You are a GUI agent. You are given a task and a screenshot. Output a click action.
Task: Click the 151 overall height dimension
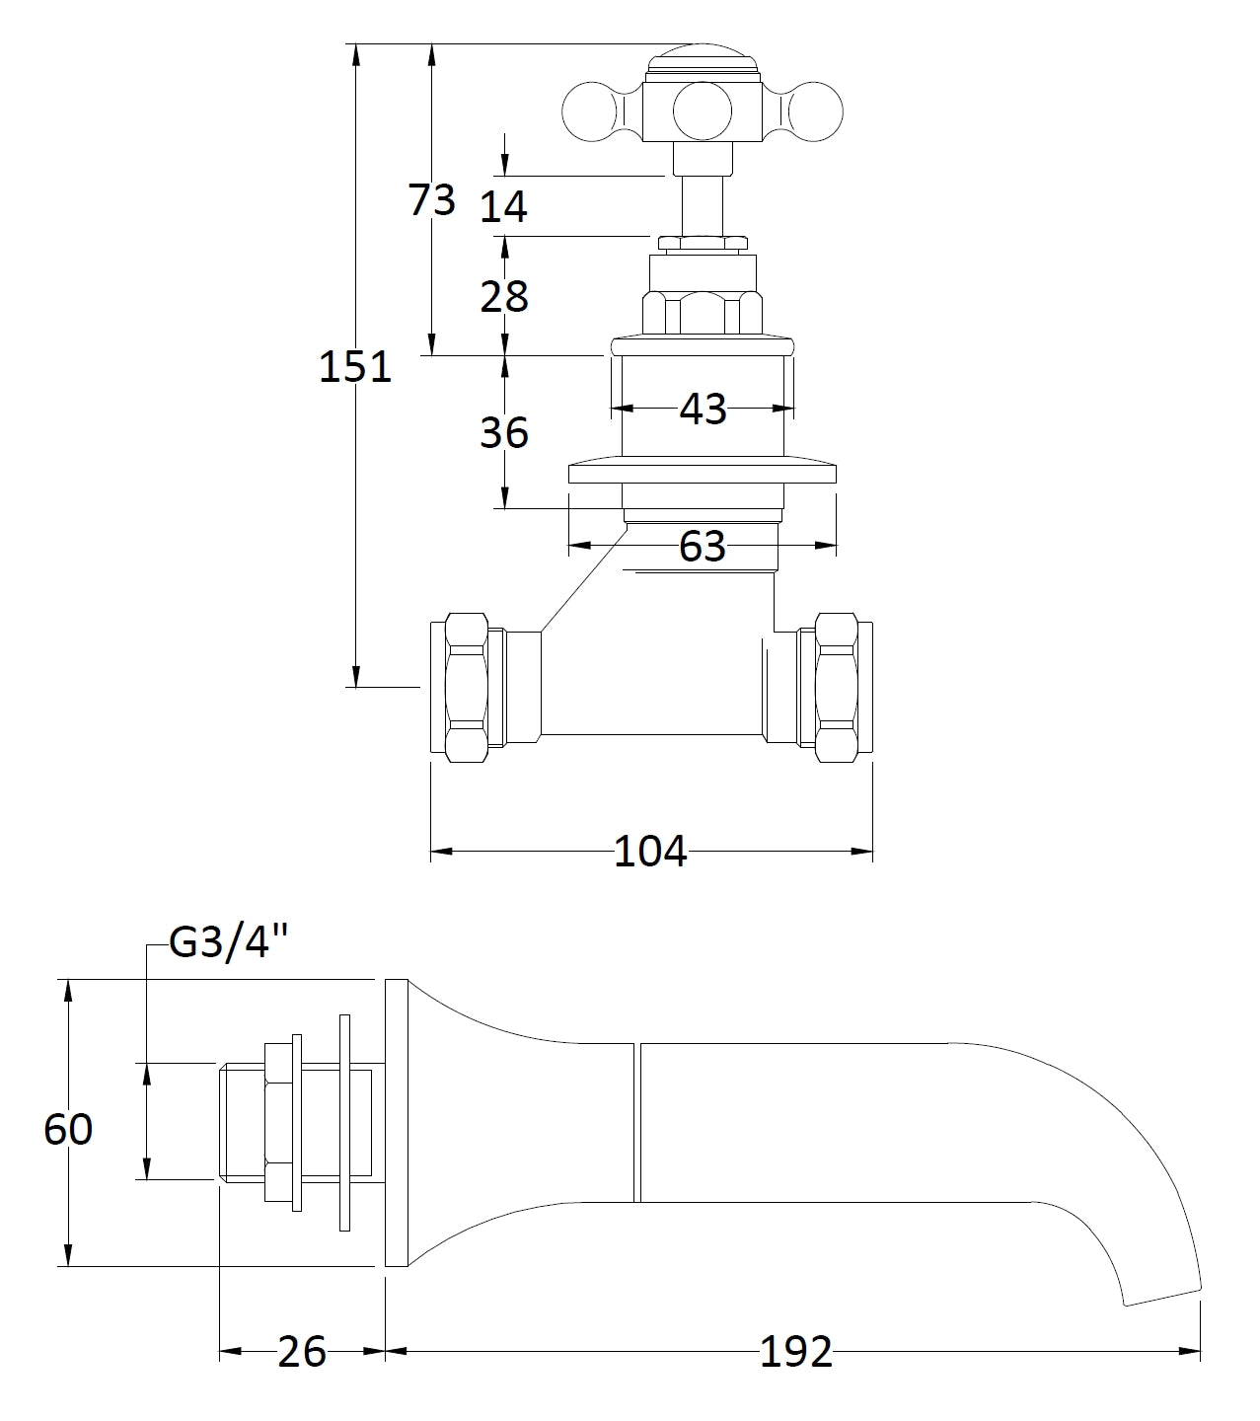[x=355, y=367]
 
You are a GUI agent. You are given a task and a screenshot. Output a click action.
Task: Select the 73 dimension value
[x=432, y=199]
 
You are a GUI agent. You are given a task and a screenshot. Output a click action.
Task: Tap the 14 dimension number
[x=504, y=206]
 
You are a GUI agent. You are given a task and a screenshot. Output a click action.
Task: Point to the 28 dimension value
[x=504, y=295]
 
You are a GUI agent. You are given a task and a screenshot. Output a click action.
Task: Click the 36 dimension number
[x=504, y=432]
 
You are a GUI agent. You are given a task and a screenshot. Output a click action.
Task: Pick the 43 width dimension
[x=703, y=409]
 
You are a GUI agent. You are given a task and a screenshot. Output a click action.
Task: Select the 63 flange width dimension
[x=703, y=546]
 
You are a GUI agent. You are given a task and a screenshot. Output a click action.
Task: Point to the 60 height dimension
[x=68, y=1129]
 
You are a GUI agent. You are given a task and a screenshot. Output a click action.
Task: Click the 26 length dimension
[x=301, y=1351]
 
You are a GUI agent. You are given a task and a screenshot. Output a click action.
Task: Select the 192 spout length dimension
[x=795, y=1351]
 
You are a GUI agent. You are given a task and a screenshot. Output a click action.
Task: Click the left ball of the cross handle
[x=588, y=111]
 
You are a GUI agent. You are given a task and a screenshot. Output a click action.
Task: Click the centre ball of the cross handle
[x=704, y=111]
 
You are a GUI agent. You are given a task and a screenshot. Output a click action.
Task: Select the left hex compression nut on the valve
[x=467, y=687]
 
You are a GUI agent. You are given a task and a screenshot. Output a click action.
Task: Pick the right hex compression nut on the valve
[x=836, y=687]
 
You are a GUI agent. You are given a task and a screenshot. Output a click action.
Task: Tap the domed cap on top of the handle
[x=704, y=56]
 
